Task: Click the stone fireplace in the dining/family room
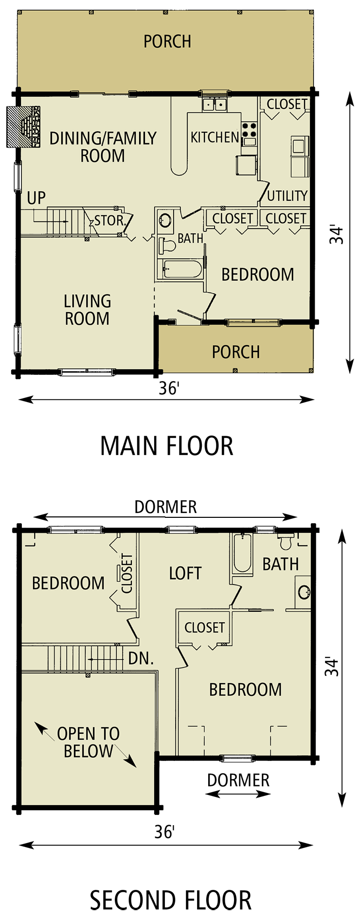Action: pyautogui.click(x=29, y=126)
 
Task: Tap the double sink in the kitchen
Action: pyautogui.click(x=215, y=104)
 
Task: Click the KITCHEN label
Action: pyautogui.click(x=215, y=138)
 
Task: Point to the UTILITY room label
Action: pyautogui.click(x=287, y=196)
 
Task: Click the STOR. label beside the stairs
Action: pyautogui.click(x=109, y=221)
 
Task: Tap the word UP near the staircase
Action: pyautogui.click(x=36, y=198)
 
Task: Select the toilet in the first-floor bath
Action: pyautogui.click(x=167, y=245)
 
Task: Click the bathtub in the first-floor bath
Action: pyautogui.click(x=181, y=269)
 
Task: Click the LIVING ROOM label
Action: pyautogui.click(x=88, y=310)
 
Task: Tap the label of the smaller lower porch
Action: pyautogui.click(x=235, y=352)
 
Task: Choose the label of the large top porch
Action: pyautogui.click(x=167, y=42)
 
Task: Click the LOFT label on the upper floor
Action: pyautogui.click(x=185, y=574)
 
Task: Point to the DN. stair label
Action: pyautogui.click(x=141, y=659)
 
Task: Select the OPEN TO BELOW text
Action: pyautogui.click(x=88, y=742)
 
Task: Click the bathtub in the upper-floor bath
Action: pyautogui.click(x=242, y=553)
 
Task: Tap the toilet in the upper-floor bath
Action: pyautogui.click(x=285, y=540)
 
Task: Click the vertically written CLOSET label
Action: pyautogui.click(x=126, y=573)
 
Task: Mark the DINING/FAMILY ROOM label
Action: pyautogui.click(x=103, y=147)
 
